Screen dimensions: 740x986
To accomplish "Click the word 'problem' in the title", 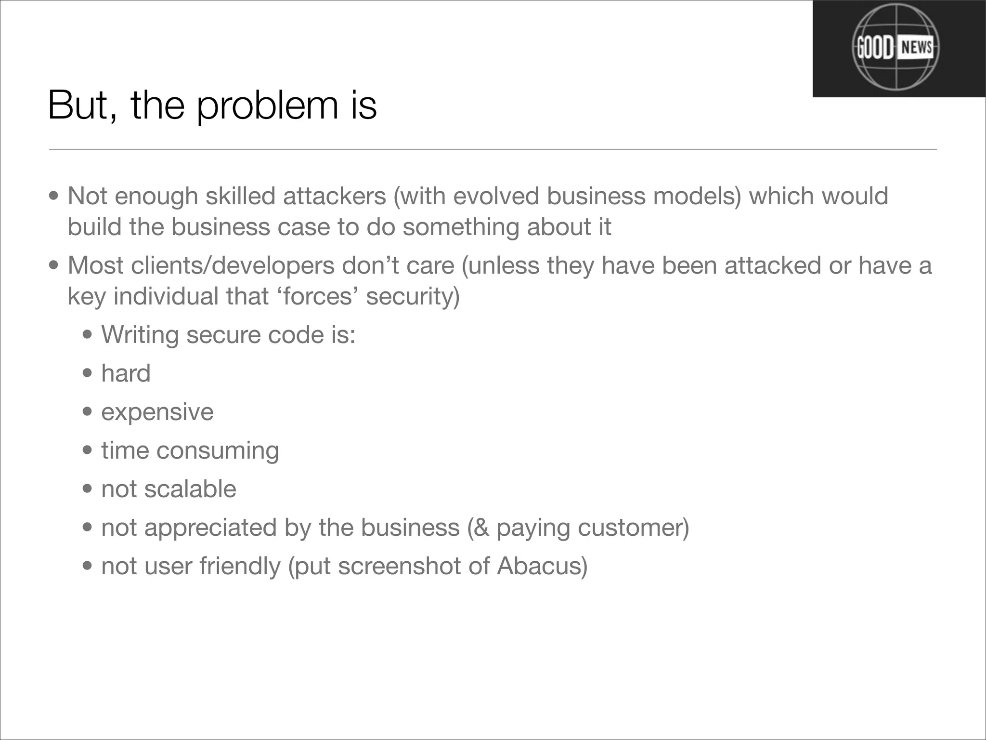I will (267, 106).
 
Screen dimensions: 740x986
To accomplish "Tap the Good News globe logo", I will (895, 48).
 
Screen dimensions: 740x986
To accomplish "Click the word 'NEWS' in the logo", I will (916, 48).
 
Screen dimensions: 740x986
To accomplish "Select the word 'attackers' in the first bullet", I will (335, 196).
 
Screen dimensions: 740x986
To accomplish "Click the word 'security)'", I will (413, 296).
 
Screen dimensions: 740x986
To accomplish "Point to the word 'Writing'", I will (140, 335).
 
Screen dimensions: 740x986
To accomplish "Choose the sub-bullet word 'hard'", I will (126, 373).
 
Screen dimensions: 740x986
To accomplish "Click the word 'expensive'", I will (157, 412).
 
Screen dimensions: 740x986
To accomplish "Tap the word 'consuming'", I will (218, 450).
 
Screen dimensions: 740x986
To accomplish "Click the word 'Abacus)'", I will (542, 566).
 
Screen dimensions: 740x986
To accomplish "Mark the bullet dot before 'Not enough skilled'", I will (54, 196).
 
